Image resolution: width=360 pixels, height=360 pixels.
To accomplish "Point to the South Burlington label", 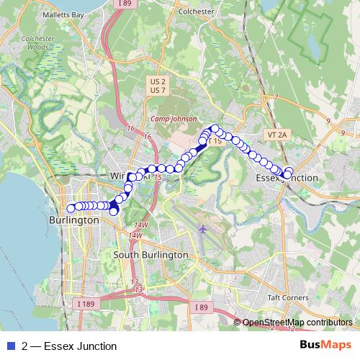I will (150, 255).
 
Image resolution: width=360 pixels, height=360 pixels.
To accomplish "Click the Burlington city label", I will (73, 220).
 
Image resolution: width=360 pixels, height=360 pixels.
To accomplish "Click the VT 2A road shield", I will (276, 135).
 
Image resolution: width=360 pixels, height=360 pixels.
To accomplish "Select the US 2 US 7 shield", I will (158, 86).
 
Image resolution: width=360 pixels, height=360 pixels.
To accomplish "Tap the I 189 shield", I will (84, 304).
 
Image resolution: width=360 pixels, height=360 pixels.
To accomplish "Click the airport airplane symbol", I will (202, 230).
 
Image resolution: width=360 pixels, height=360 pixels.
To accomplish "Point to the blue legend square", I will (11, 346).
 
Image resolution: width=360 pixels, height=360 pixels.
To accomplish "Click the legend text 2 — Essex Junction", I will (69, 346).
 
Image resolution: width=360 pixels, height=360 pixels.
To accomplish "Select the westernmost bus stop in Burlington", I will (71, 209).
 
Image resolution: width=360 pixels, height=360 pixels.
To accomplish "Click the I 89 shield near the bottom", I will (202, 307).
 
